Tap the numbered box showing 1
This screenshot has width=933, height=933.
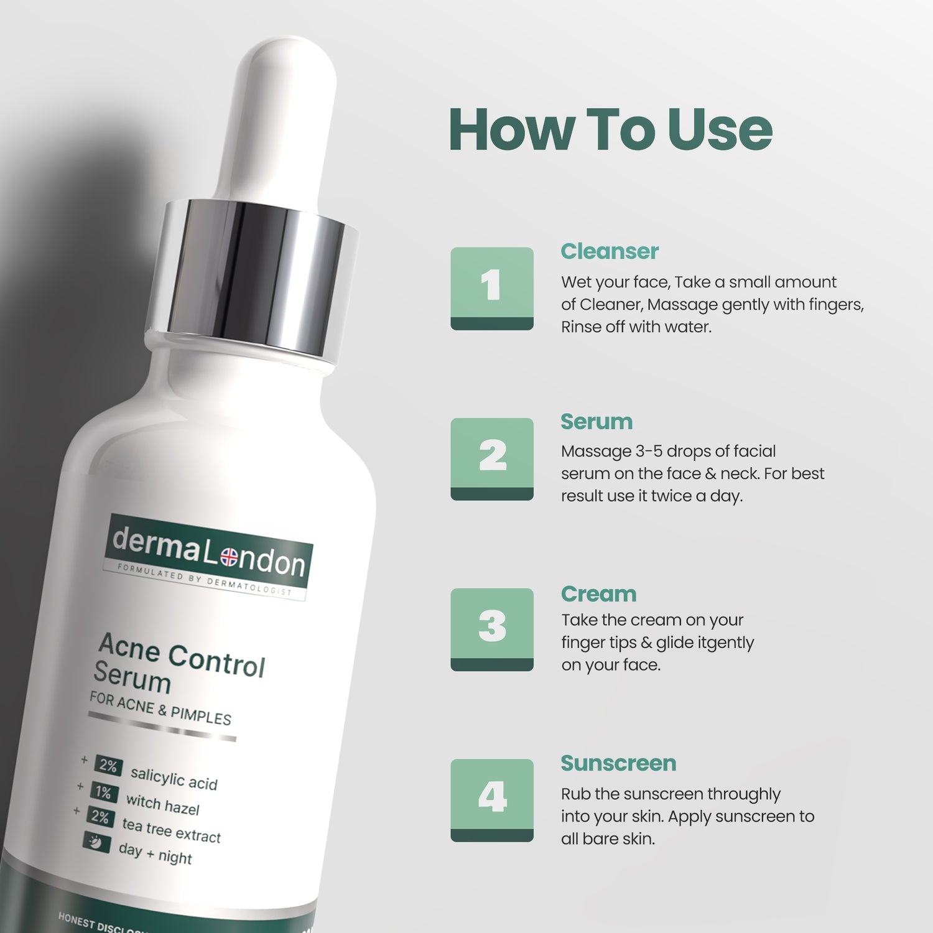pos(492,288)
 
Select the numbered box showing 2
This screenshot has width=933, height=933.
pos(492,458)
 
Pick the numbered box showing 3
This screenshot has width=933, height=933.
pos(492,629)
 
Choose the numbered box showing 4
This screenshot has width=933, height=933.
pos(492,800)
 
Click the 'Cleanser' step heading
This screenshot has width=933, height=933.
pos(609,251)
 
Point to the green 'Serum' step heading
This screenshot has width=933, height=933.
pos(596,422)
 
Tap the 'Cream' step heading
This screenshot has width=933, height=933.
pos(598,594)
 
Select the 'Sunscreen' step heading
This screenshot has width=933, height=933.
pos(618,763)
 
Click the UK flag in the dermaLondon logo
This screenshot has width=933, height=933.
pos(229,556)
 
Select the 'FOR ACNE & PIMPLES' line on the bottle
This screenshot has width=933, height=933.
pos(160,708)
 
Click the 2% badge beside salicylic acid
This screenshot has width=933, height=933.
pos(108,766)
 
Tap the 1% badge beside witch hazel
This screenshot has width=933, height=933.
pos(103,792)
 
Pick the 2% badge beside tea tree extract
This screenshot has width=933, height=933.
pos(100,816)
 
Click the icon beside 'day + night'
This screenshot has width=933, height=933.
pos(96,842)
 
